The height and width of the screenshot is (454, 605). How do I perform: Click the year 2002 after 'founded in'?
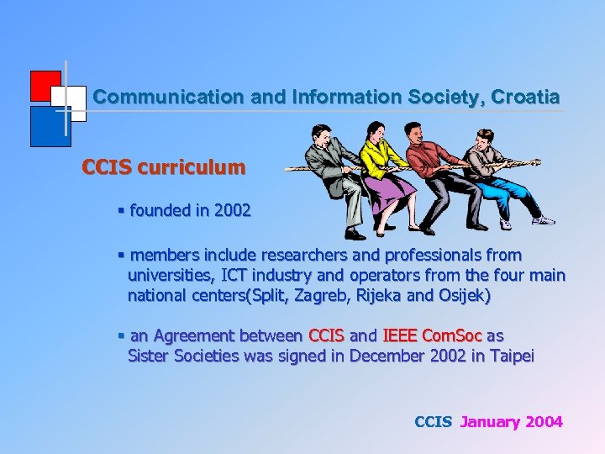click(x=232, y=210)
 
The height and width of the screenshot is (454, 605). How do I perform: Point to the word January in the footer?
click(x=490, y=422)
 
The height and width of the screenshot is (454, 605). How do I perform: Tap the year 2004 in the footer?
click(x=544, y=422)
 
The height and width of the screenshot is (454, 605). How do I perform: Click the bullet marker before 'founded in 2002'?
click(x=122, y=210)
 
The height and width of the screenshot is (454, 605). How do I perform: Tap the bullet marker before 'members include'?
click(x=122, y=255)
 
